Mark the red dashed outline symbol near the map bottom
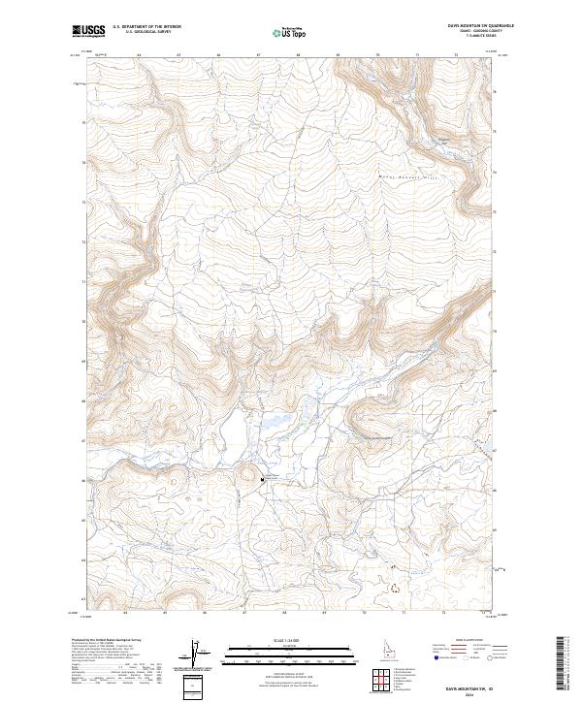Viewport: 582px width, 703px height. click(x=394, y=587)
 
